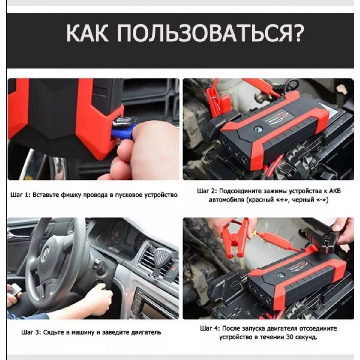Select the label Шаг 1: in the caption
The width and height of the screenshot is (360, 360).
[x=20, y=195]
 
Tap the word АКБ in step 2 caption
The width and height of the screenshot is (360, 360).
[x=335, y=192]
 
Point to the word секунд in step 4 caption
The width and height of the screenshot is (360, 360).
[x=307, y=337]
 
